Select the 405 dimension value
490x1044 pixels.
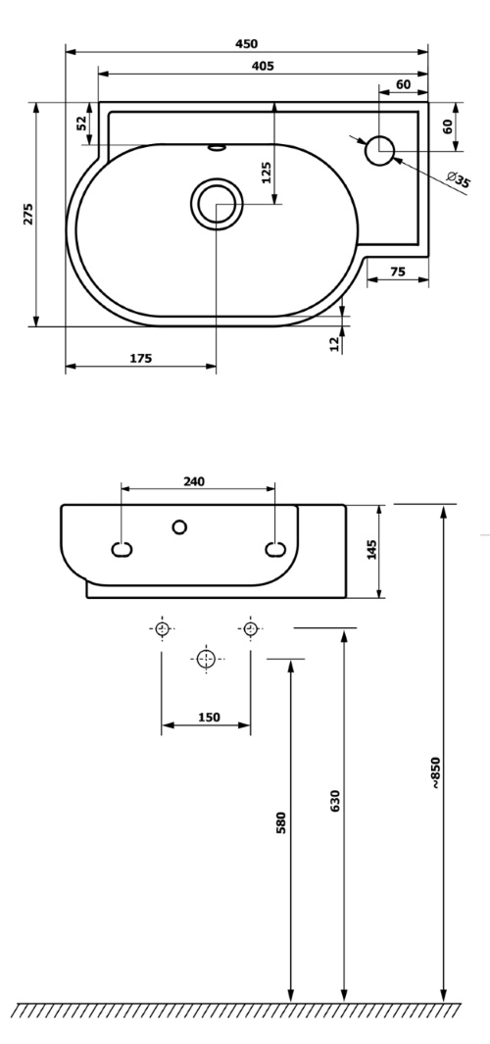pyautogui.click(x=262, y=66)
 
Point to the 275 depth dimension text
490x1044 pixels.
pyautogui.click(x=28, y=214)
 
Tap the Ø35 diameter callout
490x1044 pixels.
pyautogui.click(x=457, y=179)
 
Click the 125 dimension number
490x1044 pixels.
pyautogui.click(x=266, y=172)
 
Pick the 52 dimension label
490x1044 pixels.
pyautogui.click(x=82, y=124)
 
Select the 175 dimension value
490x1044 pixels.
pyautogui.click(x=140, y=359)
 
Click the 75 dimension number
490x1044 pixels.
pyautogui.click(x=398, y=272)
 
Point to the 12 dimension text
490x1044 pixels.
pyautogui.click(x=335, y=342)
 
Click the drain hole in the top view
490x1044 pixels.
pyautogui.click(x=215, y=204)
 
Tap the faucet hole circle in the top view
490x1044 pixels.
pyautogui.click(x=379, y=151)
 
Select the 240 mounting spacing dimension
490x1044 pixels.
pyautogui.click(x=195, y=480)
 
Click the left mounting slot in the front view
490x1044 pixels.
pyautogui.click(x=122, y=549)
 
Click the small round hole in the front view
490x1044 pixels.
pyautogui.click(x=178, y=527)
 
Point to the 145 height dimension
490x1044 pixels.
pyautogui.click(x=370, y=550)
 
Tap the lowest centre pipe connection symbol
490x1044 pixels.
pyautogui.click(x=206, y=658)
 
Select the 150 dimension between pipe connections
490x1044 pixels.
pyautogui.click(x=209, y=717)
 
